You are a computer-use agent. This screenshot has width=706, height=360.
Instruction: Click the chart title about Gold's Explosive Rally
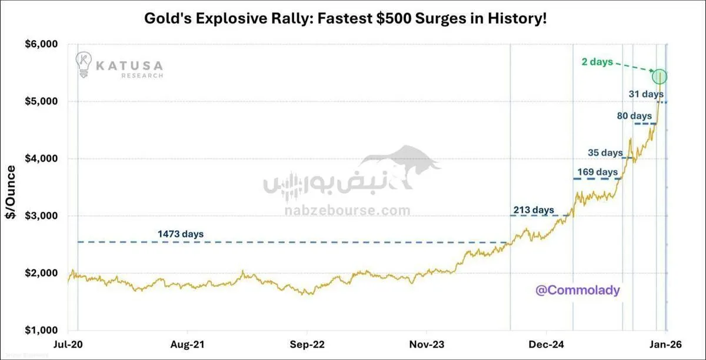[x=345, y=18]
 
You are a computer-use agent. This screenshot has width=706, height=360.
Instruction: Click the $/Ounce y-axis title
[x=11, y=192]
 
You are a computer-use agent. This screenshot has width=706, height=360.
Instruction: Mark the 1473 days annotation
[x=181, y=234]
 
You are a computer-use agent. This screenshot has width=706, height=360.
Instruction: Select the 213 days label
[x=534, y=209]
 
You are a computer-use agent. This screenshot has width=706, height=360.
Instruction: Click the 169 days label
[x=597, y=172]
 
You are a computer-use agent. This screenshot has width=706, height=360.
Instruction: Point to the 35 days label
[x=605, y=153]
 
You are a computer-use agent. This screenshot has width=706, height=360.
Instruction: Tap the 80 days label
[x=634, y=116]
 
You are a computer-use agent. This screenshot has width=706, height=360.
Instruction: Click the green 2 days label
[x=597, y=62]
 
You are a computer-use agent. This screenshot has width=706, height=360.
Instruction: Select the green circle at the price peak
[x=660, y=76]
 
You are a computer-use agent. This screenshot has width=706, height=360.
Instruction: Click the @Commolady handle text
[x=578, y=290]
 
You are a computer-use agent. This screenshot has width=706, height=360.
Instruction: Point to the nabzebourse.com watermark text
[x=348, y=211]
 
